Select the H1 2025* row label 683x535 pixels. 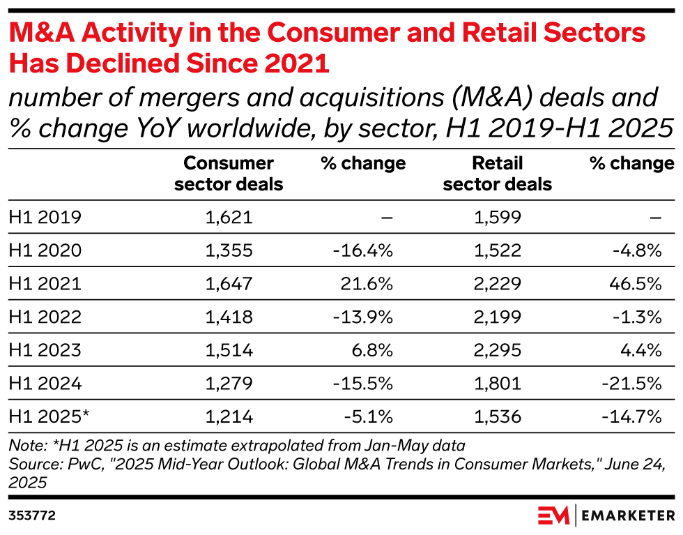point(49,416)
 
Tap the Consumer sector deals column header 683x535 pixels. point(229,174)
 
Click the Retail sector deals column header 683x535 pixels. point(497,174)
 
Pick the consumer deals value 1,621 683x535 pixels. point(229,217)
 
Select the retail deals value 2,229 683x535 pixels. point(497,284)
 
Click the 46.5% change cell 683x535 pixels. point(636,284)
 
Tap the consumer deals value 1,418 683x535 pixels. point(229,317)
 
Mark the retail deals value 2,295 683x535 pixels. point(497,350)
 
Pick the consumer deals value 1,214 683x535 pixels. point(229,416)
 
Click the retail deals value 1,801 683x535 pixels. point(497,384)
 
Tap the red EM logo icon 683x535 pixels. point(554,515)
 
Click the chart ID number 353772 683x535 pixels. point(32,516)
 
